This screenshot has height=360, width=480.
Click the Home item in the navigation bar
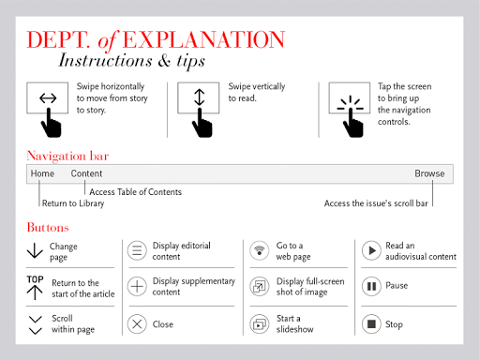[42, 173]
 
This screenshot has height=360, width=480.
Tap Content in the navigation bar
[86, 173]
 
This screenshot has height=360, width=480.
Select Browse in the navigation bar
[429, 173]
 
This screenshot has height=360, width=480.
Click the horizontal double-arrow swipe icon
[48, 98]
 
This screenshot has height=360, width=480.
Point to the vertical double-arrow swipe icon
[200, 97]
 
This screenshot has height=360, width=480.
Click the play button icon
[371, 250]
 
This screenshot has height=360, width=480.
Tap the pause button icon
[371, 286]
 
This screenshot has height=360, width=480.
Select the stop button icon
[371, 324]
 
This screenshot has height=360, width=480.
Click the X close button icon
[137, 324]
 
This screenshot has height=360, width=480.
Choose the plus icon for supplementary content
[137, 286]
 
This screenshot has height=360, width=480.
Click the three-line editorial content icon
[137, 250]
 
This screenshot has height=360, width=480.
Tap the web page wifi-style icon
[260, 250]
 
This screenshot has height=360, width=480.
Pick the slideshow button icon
[260, 324]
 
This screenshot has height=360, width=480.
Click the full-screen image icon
[260, 286]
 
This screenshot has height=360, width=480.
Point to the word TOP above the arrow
[35, 279]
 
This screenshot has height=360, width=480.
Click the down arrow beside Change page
[35, 250]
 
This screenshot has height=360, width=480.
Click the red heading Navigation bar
[67, 156]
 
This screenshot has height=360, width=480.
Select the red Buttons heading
[48, 227]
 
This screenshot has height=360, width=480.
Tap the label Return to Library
[73, 203]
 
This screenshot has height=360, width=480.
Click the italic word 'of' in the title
[108, 41]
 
